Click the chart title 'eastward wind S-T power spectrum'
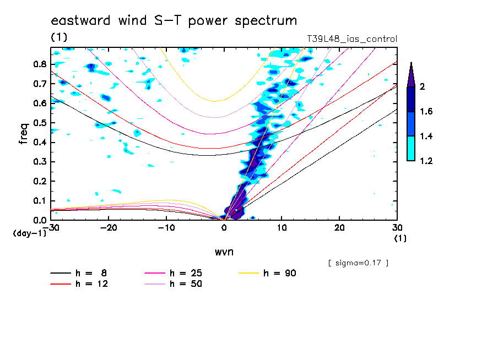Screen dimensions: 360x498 [174, 21]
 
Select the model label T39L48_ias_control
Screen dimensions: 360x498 [352, 39]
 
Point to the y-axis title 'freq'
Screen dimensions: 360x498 [23, 134]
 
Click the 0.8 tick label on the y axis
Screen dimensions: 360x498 [39, 64]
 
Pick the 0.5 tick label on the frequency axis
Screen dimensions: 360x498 [39, 123]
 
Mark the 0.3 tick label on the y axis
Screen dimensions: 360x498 [39, 162]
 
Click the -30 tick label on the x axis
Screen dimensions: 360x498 [51, 227]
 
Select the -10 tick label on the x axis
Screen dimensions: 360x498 [166, 227]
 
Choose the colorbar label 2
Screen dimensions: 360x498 [421, 86]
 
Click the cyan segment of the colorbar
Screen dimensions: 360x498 [411, 149]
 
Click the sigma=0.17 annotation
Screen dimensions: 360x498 [358, 263]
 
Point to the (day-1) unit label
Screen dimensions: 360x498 [29, 233]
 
